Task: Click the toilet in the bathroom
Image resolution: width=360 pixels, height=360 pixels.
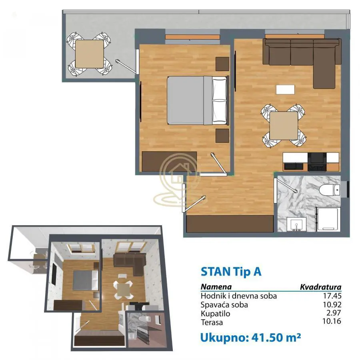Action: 330,189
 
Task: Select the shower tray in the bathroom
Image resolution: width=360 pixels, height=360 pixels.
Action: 328,220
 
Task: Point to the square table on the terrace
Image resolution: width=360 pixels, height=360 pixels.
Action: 89,54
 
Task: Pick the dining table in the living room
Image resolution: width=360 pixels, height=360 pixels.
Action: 284,126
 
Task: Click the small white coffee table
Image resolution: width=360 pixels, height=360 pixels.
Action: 285,90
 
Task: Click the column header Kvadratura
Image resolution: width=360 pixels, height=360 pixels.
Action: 320,287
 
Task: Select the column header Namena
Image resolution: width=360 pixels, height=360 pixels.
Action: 216,287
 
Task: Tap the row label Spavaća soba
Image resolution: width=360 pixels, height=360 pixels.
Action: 224,305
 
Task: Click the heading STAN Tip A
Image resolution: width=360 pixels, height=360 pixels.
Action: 231,272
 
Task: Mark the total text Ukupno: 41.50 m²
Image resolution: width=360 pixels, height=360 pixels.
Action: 250,337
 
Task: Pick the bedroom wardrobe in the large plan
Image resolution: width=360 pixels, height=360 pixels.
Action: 170,161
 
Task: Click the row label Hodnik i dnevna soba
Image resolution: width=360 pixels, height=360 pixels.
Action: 239,296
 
